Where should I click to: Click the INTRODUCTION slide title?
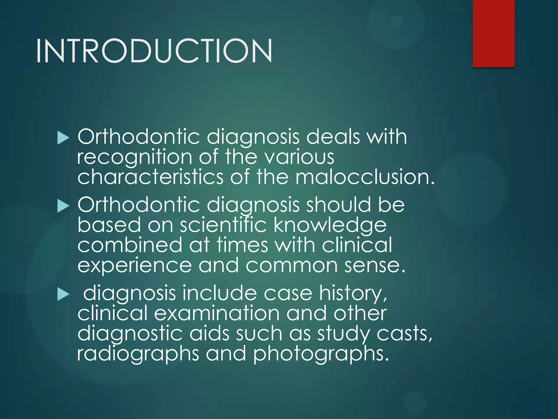tap(154, 51)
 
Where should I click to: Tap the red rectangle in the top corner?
tap(493, 33)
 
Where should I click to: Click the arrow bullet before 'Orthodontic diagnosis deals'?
tap(63, 139)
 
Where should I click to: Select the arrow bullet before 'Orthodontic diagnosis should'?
tap(63, 206)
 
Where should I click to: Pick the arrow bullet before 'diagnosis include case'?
tap(63, 295)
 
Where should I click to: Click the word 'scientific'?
tap(223, 225)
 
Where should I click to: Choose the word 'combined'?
tap(130, 245)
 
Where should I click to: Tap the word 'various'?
tap(299, 157)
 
